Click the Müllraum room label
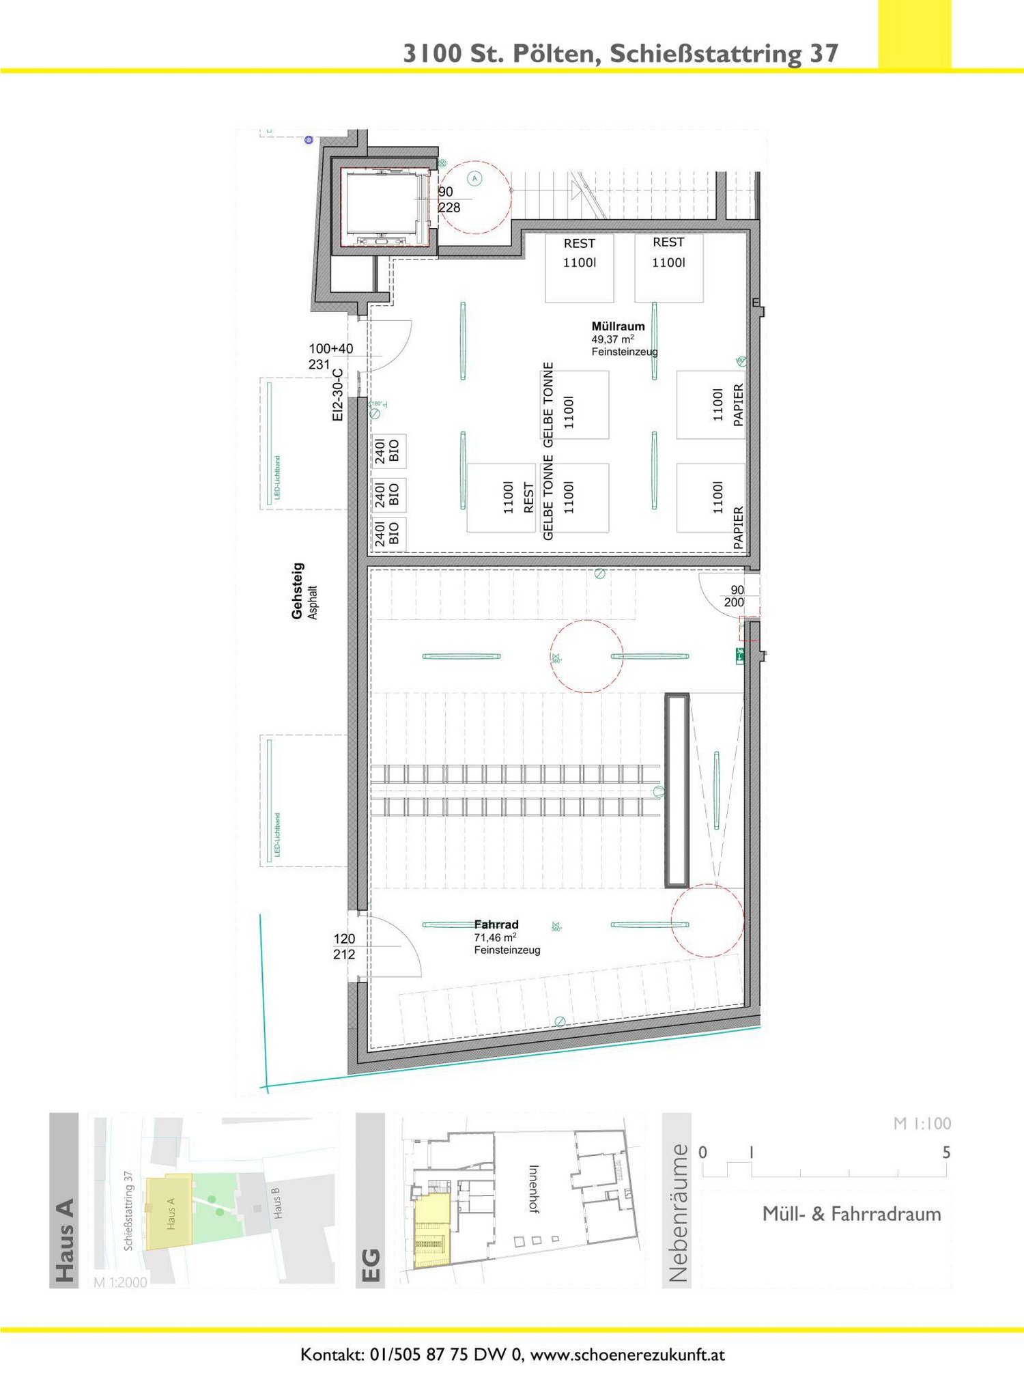(618, 326)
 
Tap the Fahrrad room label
(496, 924)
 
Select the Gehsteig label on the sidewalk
(297, 591)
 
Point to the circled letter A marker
(475, 179)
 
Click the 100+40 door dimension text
(331, 349)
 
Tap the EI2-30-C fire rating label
(337, 395)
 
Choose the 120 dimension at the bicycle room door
(344, 939)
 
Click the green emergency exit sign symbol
(740, 655)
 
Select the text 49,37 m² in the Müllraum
(612, 339)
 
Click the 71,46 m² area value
(495, 937)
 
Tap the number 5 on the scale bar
(946, 1152)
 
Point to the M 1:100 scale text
(922, 1123)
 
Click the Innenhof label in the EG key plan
(534, 1189)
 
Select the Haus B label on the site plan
(276, 1203)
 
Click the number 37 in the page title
(824, 54)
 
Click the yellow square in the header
(914, 34)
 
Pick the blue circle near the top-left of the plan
(309, 140)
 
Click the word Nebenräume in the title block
(677, 1213)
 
